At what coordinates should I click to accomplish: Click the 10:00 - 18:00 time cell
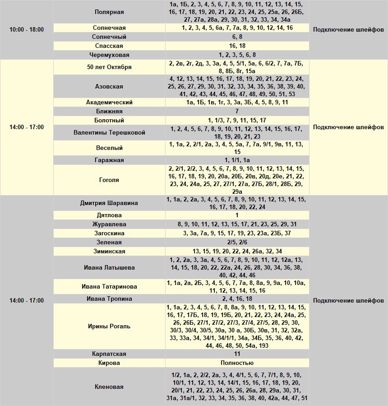(27, 29)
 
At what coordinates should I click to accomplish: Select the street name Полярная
(110, 12)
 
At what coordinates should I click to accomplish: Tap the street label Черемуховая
(110, 55)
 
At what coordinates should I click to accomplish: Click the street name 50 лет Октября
(109, 67)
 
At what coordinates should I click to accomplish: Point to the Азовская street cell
(109, 86)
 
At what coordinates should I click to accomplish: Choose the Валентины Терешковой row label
(109, 133)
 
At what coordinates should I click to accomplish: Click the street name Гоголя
(109, 180)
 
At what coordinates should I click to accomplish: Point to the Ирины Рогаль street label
(109, 326)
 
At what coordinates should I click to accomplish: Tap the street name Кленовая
(109, 387)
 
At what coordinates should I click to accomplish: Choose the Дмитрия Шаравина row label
(109, 203)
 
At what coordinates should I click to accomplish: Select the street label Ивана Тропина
(109, 299)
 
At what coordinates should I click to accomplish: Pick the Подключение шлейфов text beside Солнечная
(348, 29)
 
